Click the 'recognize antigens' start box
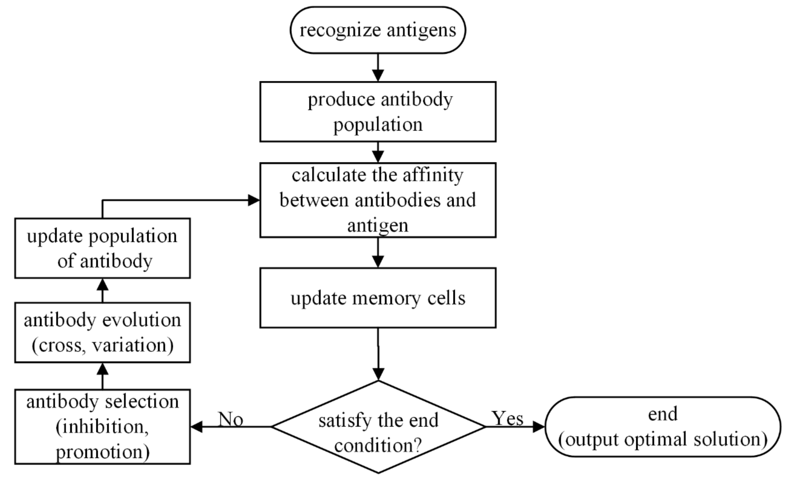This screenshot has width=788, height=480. (x=378, y=30)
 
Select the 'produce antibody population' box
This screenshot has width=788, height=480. (x=378, y=112)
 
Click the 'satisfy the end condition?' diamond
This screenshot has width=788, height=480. (x=378, y=427)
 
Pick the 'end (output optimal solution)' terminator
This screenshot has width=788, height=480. (x=663, y=427)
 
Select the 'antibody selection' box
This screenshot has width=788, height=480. (x=102, y=427)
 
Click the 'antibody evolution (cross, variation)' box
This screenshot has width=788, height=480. (x=102, y=333)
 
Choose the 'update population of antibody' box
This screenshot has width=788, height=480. (x=102, y=248)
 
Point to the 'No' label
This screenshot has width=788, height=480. (x=231, y=419)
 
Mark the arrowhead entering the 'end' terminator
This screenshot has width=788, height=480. (x=539, y=427)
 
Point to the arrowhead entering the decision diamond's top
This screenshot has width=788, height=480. (x=378, y=374)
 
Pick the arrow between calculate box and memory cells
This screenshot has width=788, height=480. (x=378, y=253)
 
